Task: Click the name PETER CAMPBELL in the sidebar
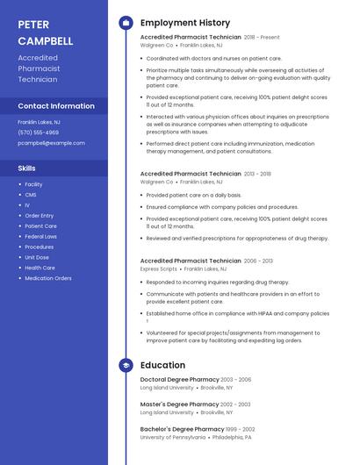click(x=46, y=32)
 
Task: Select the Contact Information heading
click(x=56, y=106)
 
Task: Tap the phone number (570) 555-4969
click(x=38, y=132)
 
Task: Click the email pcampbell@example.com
click(x=52, y=143)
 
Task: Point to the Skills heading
click(x=26, y=168)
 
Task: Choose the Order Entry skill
click(x=40, y=215)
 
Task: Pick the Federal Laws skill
click(x=41, y=236)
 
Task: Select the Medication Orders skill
click(x=48, y=278)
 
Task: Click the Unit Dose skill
click(x=37, y=257)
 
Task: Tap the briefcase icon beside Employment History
click(x=126, y=23)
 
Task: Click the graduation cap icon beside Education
click(x=126, y=365)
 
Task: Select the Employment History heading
click(x=185, y=23)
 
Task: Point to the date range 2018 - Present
click(x=262, y=38)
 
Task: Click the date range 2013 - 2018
click(x=257, y=174)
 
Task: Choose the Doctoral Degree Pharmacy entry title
click(x=180, y=379)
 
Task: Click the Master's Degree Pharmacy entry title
click(x=179, y=404)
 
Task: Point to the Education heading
click(x=162, y=365)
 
